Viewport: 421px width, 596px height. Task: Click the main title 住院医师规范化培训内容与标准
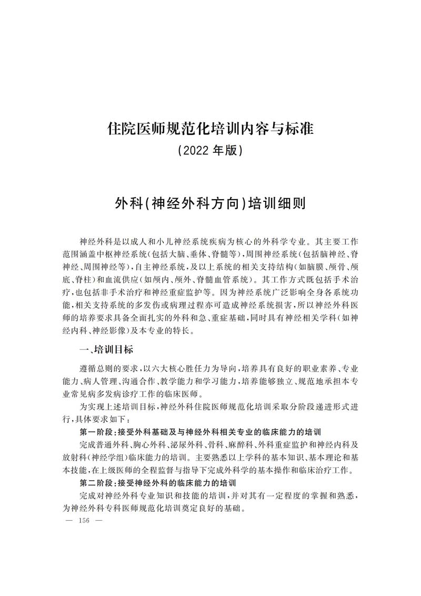pos(210,128)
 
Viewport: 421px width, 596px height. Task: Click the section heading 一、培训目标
pos(105,350)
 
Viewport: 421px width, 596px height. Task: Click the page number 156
pos(84,521)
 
